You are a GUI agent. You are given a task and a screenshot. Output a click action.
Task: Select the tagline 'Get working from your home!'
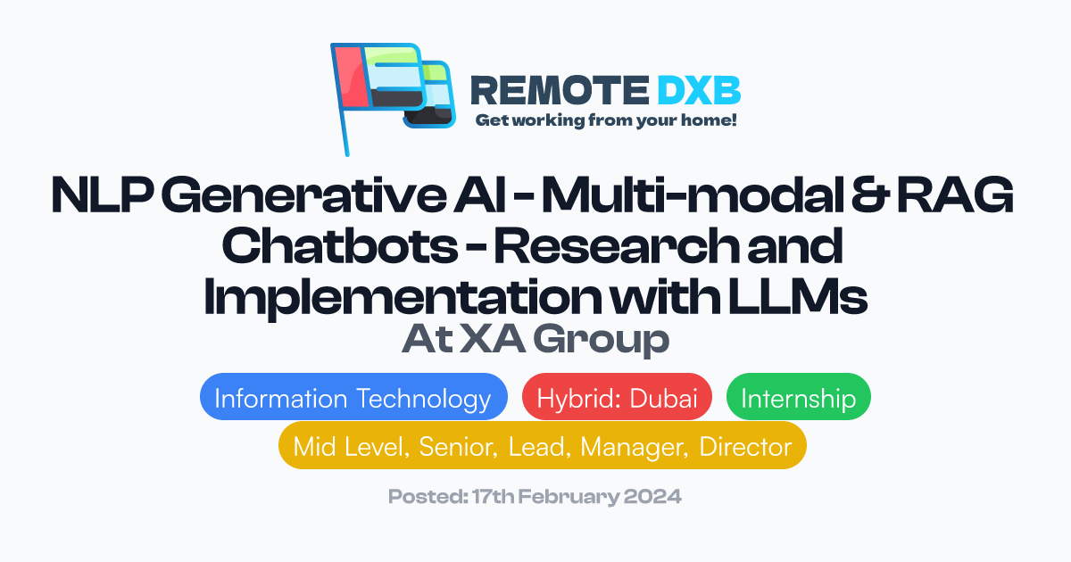(x=606, y=120)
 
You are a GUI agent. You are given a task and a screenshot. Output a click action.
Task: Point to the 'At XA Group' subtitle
(x=535, y=340)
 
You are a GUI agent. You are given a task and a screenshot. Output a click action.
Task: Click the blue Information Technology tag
(x=353, y=398)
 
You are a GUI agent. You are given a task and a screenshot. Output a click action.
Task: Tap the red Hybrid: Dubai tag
(x=617, y=398)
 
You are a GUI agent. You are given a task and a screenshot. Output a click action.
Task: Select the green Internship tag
(x=798, y=398)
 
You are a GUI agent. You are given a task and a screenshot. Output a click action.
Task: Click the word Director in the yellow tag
(x=745, y=446)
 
